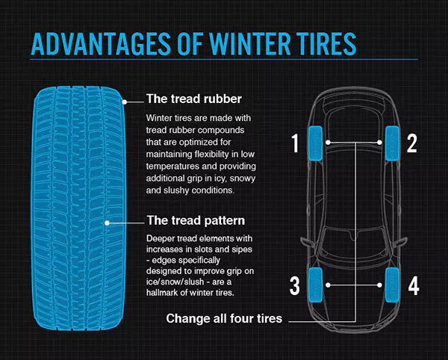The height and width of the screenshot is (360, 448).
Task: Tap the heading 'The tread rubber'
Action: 194,99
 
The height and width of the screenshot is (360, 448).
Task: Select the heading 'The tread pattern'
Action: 196,220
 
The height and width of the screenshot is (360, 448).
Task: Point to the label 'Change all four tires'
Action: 224,318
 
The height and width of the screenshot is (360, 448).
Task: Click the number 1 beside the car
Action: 295,143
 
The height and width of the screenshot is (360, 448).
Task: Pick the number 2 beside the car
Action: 411,143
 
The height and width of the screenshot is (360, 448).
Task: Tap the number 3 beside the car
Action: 295,286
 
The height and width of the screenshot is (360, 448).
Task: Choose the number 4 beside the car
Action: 414,286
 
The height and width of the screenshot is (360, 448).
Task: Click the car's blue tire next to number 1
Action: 315,143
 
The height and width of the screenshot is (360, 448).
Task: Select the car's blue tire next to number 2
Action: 392,143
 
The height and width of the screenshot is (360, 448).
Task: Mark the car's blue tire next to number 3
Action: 315,285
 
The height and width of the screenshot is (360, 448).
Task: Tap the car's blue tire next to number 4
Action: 392,285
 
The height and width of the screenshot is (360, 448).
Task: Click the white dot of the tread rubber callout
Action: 125,102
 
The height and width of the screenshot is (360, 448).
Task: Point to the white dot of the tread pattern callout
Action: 107,223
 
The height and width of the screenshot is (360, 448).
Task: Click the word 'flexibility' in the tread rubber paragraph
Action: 212,154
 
